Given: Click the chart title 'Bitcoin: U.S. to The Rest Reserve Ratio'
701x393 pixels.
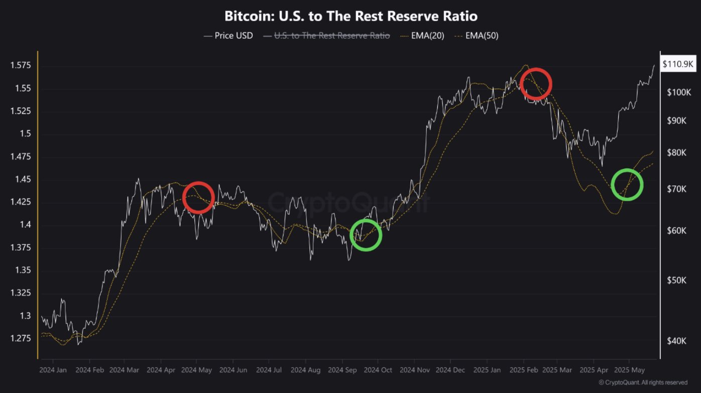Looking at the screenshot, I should pyautogui.click(x=351, y=16).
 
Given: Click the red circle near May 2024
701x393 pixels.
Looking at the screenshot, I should pyautogui.click(x=198, y=198).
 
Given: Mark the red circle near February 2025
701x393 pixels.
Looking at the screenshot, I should pyautogui.click(x=536, y=83).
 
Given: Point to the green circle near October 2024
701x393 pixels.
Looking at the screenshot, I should pyautogui.click(x=366, y=235).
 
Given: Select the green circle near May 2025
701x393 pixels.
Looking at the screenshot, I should pyautogui.click(x=627, y=184).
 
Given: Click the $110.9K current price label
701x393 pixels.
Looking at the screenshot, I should pyautogui.click(x=677, y=64).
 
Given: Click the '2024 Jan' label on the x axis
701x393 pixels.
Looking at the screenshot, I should pyautogui.click(x=53, y=370).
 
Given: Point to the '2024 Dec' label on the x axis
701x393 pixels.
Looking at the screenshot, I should pyautogui.click(x=450, y=370).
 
